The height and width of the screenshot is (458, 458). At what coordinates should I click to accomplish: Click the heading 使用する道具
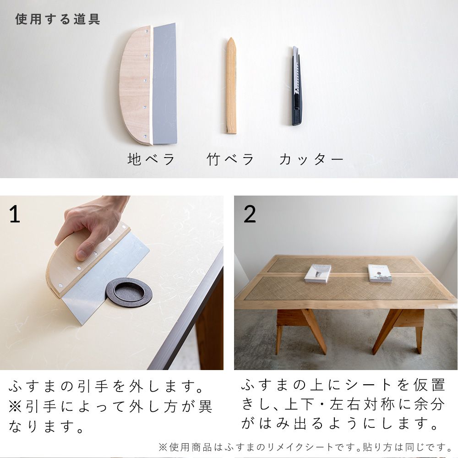(58, 20)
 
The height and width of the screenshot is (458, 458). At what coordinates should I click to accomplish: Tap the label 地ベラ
(152, 160)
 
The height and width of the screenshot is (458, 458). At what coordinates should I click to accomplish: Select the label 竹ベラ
(230, 160)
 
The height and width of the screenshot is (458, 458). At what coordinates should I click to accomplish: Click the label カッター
(311, 160)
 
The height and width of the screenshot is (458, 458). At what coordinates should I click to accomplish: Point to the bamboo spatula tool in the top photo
(231, 87)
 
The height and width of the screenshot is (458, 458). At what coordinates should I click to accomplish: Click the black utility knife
(297, 87)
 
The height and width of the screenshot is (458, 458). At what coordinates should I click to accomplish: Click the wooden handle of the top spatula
(136, 85)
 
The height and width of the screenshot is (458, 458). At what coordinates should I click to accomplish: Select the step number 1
(15, 214)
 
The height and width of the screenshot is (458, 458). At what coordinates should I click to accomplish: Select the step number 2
(250, 214)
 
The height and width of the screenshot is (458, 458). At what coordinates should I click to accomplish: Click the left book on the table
(318, 273)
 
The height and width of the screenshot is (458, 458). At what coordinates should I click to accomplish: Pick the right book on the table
(380, 273)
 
